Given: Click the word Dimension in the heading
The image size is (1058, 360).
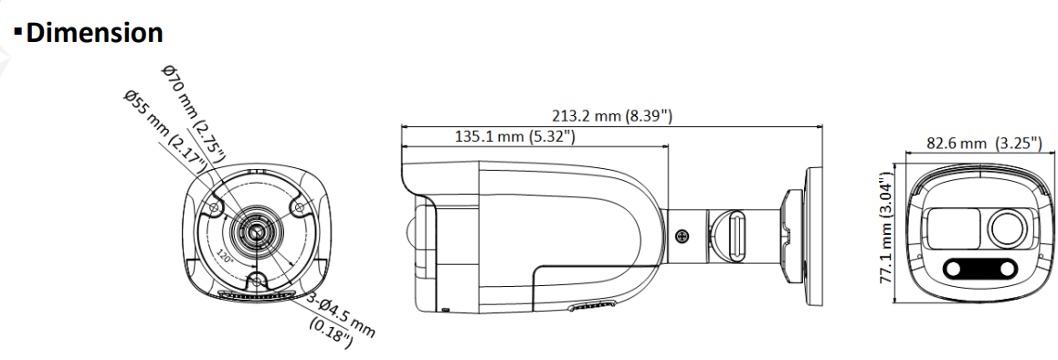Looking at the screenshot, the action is click(94, 32).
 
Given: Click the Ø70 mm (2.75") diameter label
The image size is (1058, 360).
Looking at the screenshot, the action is click(195, 113).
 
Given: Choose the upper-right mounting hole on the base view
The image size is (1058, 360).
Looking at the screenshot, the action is click(299, 207).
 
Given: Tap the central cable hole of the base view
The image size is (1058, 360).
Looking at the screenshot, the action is click(257, 232).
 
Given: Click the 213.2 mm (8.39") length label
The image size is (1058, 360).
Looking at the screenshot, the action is click(611, 116).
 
